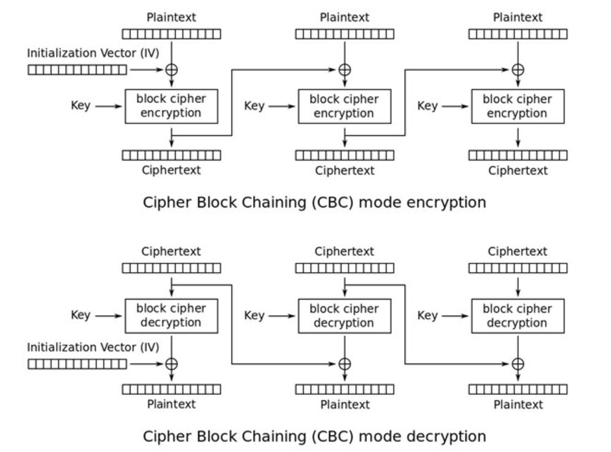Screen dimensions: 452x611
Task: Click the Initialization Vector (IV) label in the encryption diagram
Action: [93, 53]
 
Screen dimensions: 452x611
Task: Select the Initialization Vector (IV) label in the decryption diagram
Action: [93, 348]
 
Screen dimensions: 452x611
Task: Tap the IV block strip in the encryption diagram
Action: [77, 70]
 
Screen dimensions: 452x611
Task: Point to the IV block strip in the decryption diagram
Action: [77, 364]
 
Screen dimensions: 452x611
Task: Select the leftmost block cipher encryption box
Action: [171, 106]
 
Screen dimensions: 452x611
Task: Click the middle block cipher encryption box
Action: [344, 106]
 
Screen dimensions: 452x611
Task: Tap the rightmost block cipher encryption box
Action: [518, 106]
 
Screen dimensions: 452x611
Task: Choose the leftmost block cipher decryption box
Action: [171, 315]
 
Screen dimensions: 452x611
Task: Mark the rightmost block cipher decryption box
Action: [518, 315]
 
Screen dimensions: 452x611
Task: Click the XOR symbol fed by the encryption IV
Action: [171, 70]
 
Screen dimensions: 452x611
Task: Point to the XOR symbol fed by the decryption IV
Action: [171, 364]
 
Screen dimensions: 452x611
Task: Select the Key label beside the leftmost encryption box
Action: [80, 106]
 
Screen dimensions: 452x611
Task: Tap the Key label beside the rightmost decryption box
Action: [427, 316]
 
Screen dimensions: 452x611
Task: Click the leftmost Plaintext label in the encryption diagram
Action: [171, 18]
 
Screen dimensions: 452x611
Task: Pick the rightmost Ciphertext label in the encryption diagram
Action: [518, 171]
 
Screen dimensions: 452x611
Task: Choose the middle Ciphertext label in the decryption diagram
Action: [344, 251]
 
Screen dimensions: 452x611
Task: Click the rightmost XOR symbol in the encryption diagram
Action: [518, 70]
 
